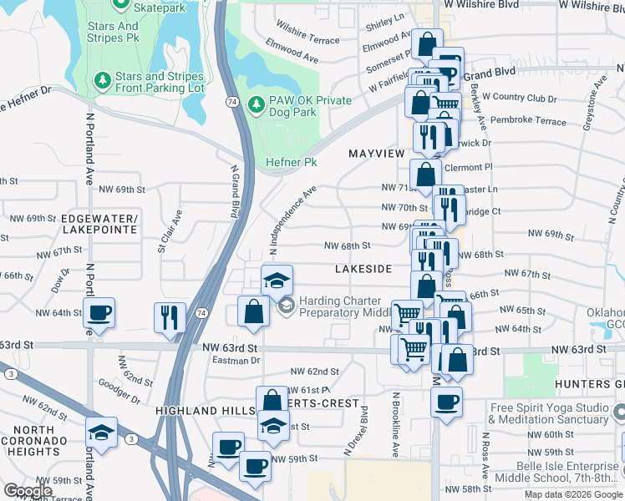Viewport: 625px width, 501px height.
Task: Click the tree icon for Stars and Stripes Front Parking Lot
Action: click(x=102, y=80)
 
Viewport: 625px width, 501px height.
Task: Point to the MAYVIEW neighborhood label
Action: click(x=376, y=154)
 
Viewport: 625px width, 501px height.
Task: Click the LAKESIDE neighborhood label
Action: click(x=363, y=269)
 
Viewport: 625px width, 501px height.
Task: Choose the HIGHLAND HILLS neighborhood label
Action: click(x=198, y=411)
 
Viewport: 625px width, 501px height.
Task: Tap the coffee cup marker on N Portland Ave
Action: click(x=99, y=314)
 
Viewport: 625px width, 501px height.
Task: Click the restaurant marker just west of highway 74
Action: click(x=170, y=316)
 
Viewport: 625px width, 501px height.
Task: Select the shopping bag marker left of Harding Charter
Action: click(x=253, y=312)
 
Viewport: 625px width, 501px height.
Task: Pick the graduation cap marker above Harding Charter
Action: click(x=277, y=281)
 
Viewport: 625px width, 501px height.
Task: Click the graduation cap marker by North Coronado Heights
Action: click(x=101, y=433)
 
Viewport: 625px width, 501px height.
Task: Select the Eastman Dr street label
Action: click(x=236, y=360)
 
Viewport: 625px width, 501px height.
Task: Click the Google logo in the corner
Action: click(x=28, y=490)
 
